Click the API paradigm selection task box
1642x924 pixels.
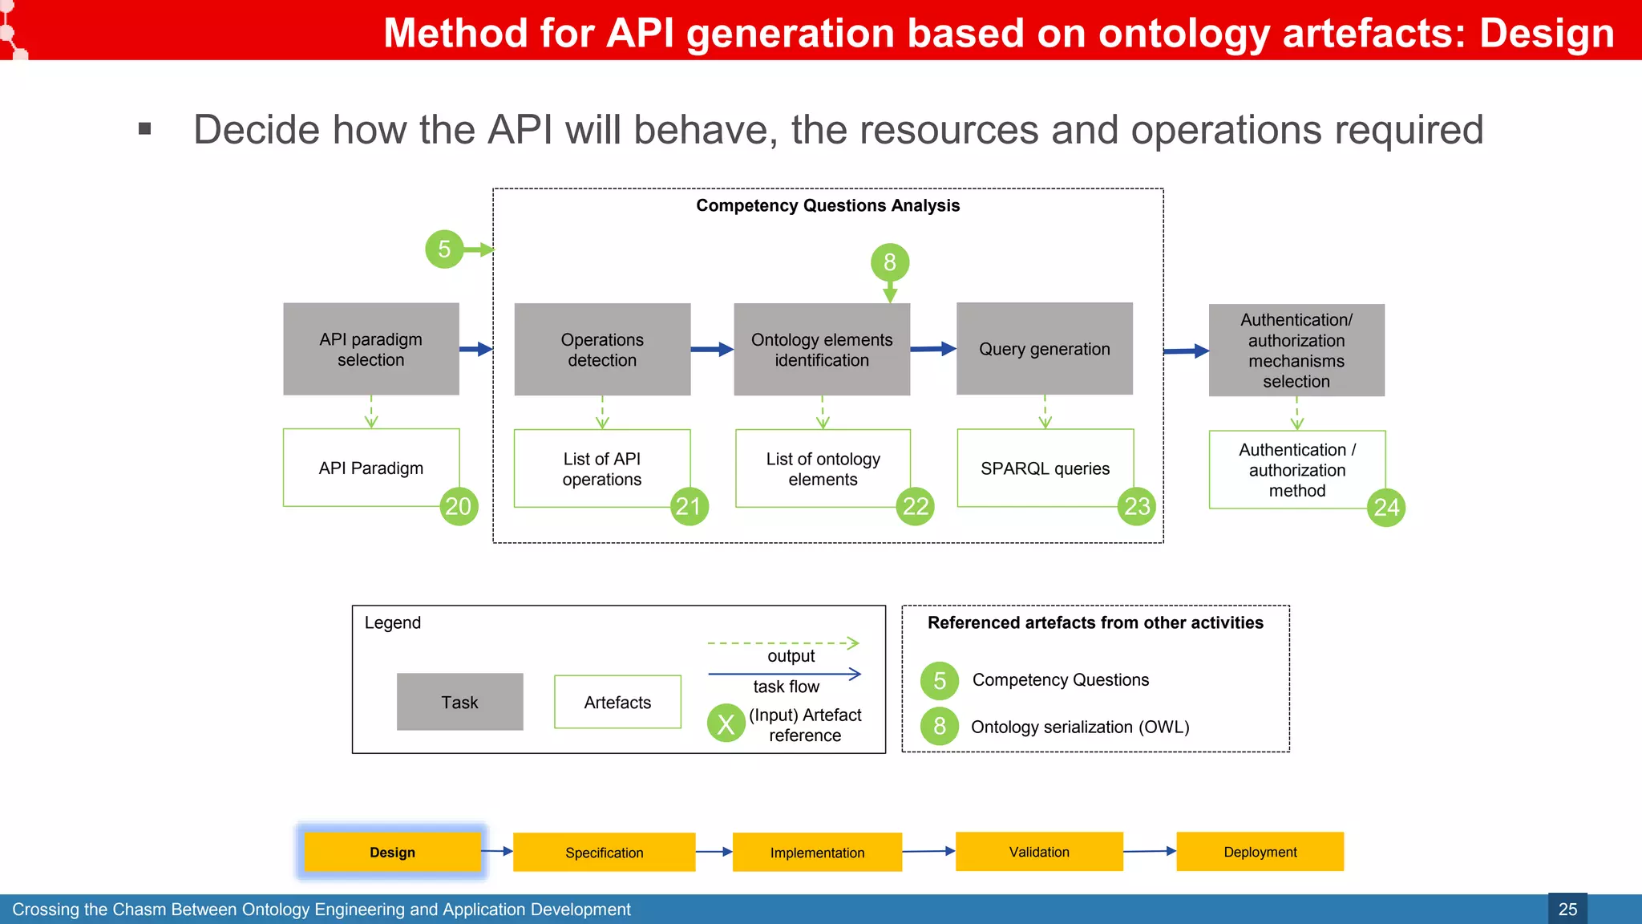pos(370,349)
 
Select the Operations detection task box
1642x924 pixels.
pos(602,349)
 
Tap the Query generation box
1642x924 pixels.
pos(1044,349)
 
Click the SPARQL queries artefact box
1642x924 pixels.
pos(1045,468)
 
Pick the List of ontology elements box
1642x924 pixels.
pos(823,468)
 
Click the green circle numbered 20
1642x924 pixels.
pos(459,506)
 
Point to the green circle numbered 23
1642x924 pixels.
pos(1136,506)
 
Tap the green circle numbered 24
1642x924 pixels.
pos(1386,508)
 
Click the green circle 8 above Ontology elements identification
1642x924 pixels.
pos(890,262)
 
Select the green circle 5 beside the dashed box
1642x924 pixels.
pos(444,249)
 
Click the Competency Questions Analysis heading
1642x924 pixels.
pos(827,205)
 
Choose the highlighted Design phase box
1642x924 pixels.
pos(392,852)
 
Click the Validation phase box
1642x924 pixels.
pos(1039,852)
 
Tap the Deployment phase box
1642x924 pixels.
pos(1260,852)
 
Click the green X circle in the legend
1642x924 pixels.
pos(726,723)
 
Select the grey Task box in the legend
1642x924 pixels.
pos(459,702)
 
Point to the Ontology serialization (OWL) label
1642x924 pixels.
pos(1080,727)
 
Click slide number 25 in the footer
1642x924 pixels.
pos(1567,910)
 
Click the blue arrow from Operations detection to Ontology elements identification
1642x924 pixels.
pos(712,349)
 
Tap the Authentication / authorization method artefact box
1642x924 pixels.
pos(1296,470)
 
